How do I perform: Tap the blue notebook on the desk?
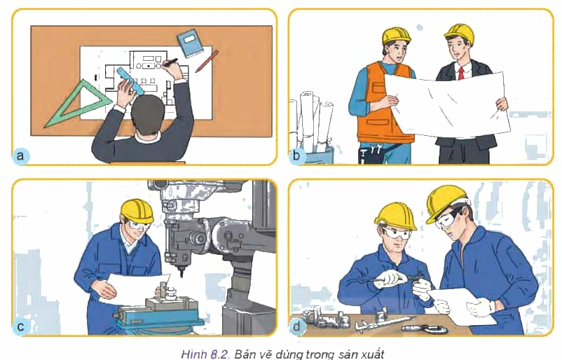(190, 43)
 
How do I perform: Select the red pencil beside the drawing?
(207, 62)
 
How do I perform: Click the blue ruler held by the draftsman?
(130, 82)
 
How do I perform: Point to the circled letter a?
(20, 155)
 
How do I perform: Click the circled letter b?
(297, 155)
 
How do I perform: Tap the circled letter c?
(20, 326)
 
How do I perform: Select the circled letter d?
(297, 326)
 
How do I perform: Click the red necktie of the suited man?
(461, 73)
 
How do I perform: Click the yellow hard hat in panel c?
(137, 211)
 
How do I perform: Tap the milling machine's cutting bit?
(181, 272)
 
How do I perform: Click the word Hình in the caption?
(193, 354)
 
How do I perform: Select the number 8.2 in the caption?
(219, 354)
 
